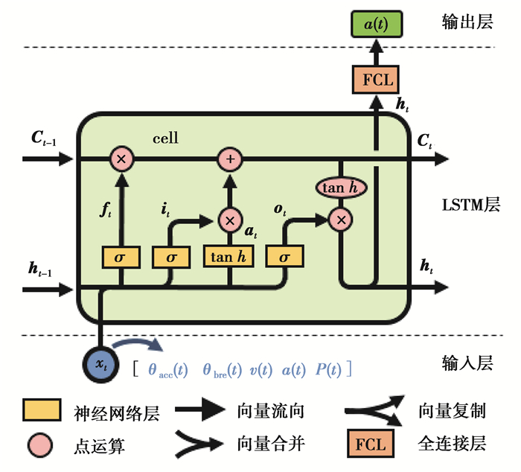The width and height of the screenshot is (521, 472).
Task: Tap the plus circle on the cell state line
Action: tap(229, 159)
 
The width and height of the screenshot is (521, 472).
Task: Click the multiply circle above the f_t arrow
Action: tap(121, 159)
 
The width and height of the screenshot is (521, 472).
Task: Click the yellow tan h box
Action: tap(229, 256)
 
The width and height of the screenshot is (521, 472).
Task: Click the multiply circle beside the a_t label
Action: tap(229, 219)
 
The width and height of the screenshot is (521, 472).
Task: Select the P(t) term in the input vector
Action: tap(327, 369)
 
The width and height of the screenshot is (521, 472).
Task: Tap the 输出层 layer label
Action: tap(467, 22)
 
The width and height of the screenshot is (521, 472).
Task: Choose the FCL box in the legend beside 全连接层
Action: tap(371, 444)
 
